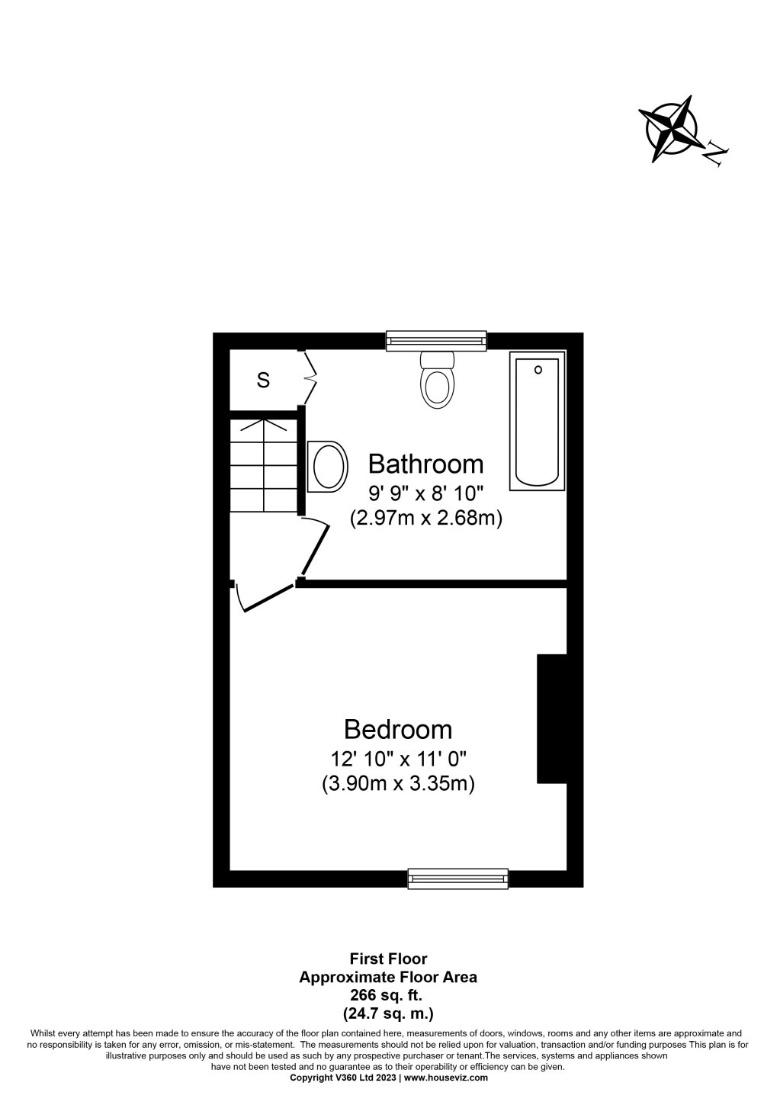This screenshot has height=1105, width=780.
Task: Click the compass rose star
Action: tap(671, 129)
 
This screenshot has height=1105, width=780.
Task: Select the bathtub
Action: tap(538, 421)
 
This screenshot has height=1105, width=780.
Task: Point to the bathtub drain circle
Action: tap(538, 370)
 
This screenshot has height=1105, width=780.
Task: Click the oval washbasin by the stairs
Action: tap(327, 466)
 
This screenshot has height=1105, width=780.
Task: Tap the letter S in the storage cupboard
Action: tap(263, 380)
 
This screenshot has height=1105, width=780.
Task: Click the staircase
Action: tap(264, 465)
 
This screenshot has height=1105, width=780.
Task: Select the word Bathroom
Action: tap(425, 464)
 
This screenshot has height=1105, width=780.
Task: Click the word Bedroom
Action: tap(398, 729)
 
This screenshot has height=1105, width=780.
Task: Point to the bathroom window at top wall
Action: tap(436, 340)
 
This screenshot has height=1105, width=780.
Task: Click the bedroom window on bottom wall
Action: tap(457, 879)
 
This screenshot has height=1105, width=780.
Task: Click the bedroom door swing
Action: tap(264, 598)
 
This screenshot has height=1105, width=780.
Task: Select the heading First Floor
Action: tap(388, 959)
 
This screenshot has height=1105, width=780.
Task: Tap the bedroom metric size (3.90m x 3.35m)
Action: tap(399, 784)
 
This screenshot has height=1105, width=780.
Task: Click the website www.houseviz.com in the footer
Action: tap(445, 1078)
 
